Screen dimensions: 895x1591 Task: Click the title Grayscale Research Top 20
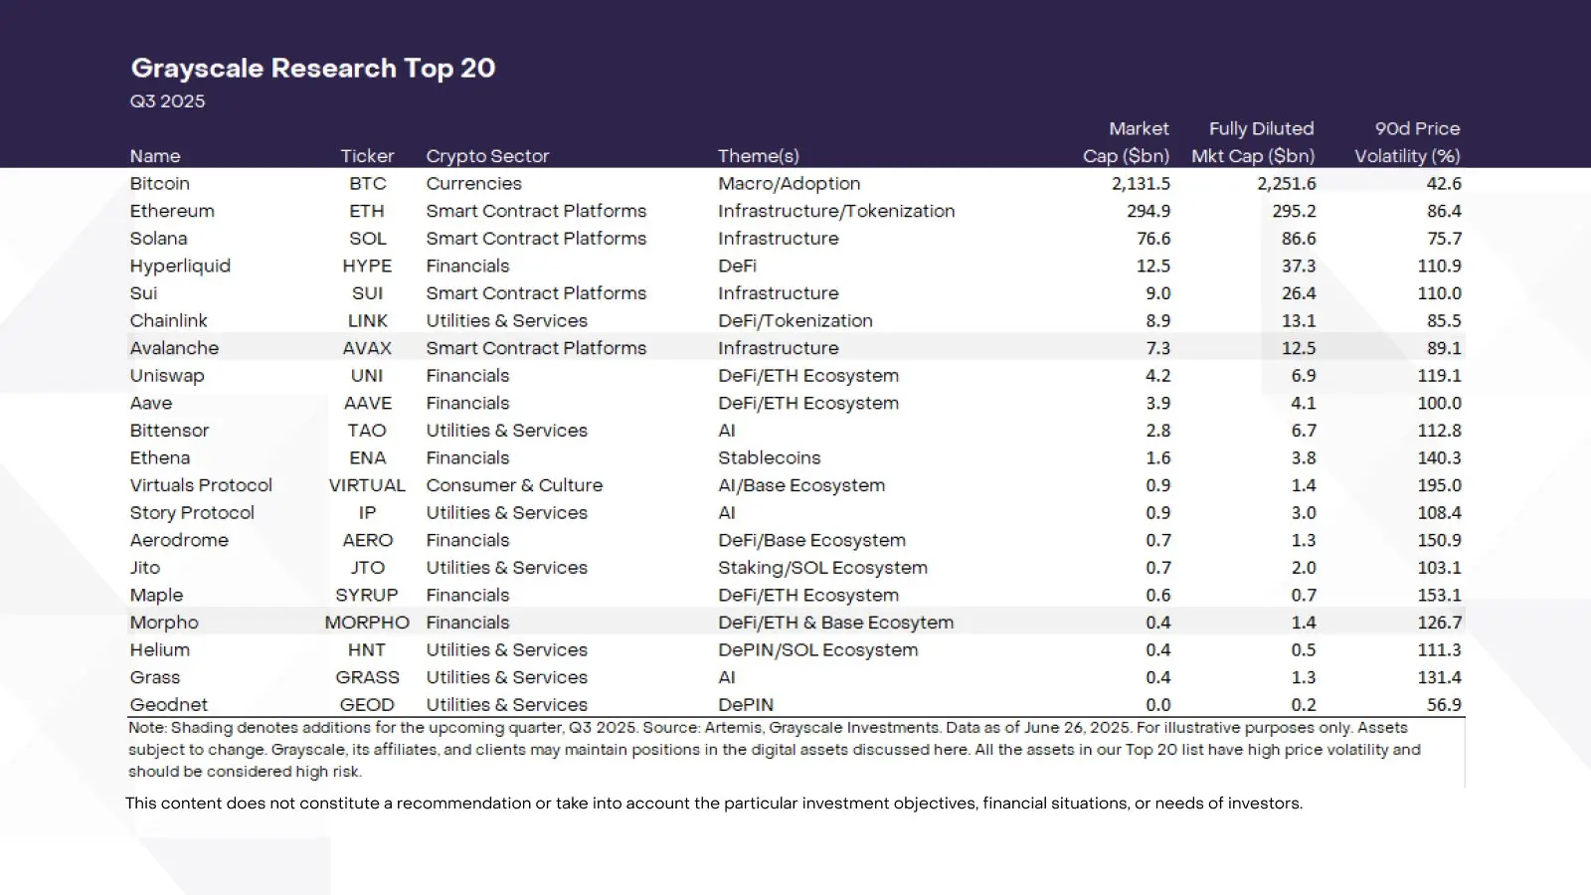(313, 68)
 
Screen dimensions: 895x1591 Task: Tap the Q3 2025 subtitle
(167, 101)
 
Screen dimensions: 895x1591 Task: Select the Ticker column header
(367, 156)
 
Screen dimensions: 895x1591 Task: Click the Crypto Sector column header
(487, 156)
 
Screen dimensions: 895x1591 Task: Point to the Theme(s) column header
(758, 156)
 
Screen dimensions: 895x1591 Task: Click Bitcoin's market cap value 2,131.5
(1141, 184)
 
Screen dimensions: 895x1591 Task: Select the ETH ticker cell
(367, 211)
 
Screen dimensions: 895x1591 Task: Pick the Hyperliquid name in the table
(180, 266)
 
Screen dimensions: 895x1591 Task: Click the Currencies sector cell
(473, 184)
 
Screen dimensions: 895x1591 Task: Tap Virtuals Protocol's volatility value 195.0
(1439, 485)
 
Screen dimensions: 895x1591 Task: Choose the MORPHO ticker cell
(367, 623)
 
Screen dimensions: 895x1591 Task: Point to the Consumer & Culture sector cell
(514, 485)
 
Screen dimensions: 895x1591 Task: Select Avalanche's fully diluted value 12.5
(1298, 348)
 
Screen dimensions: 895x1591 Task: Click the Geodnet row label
(168, 704)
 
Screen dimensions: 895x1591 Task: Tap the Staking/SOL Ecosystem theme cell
(822, 568)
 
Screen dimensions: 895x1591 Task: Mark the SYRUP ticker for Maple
(367, 595)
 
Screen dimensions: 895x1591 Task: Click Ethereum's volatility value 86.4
(1444, 211)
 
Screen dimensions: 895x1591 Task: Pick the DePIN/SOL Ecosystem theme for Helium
(817, 650)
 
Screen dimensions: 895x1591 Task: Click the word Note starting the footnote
(146, 728)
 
